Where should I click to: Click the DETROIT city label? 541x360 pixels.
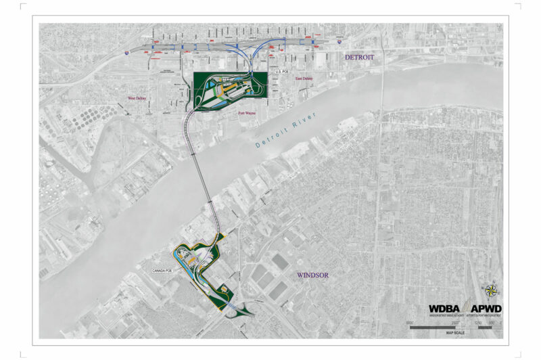pos(359,58)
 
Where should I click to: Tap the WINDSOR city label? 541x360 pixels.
pos(312,275)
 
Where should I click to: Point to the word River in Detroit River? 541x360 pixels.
pos(301,132)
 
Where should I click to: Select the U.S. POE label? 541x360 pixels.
pos(282,70)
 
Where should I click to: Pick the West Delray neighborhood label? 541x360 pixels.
pos(137,99)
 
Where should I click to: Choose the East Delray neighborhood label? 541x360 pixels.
pos(304,79)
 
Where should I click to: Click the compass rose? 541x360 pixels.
pos(492,291)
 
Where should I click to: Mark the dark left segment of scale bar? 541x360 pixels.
pos(433,328)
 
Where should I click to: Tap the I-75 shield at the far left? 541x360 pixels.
pos(126,50)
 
